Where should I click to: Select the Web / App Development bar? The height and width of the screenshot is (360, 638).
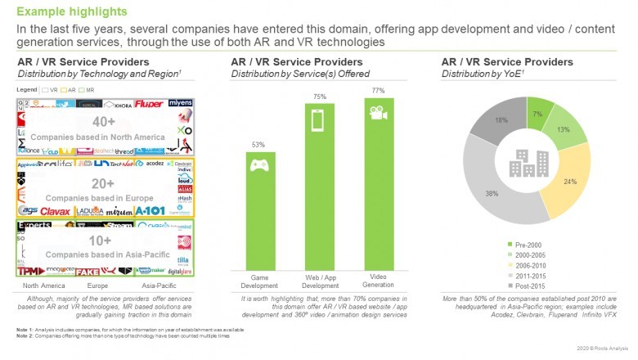(x=320, y=196)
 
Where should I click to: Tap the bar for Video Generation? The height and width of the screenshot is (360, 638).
(x=379, y=194)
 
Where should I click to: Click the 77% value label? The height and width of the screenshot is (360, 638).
(x=379, y=90)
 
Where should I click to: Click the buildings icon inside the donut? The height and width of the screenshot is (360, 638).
(x=526, y=163)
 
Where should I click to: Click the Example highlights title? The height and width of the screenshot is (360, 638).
(x=72, y=11)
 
